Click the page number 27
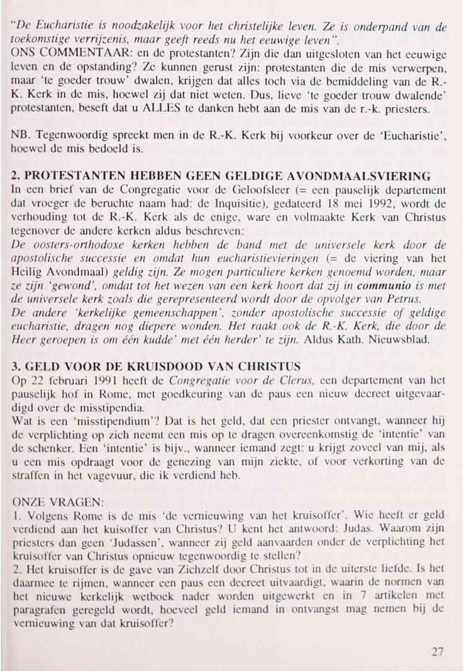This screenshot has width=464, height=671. (x=438, y=652)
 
